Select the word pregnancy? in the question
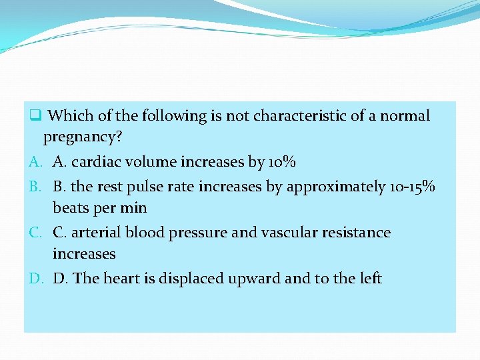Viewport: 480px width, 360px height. [83, 138]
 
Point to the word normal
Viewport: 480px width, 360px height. [405, 116]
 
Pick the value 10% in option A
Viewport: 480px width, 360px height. [282, 162]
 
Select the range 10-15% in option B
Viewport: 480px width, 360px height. [411, 187]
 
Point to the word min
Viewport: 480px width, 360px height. [134, 208]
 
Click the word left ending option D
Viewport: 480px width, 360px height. [369, 278]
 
